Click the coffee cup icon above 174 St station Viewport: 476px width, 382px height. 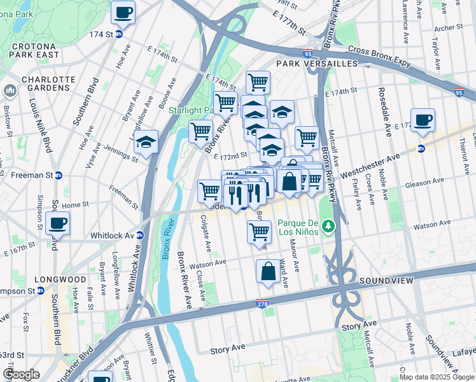123,12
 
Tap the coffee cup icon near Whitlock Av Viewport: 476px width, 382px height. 57,223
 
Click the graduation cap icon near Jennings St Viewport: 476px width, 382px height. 146,142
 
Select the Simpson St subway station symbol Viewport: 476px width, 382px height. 40,291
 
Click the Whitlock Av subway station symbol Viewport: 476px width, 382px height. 140,235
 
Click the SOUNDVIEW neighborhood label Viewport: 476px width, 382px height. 386,280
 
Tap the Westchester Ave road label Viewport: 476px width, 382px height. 370,164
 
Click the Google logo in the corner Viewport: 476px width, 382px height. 21,374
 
